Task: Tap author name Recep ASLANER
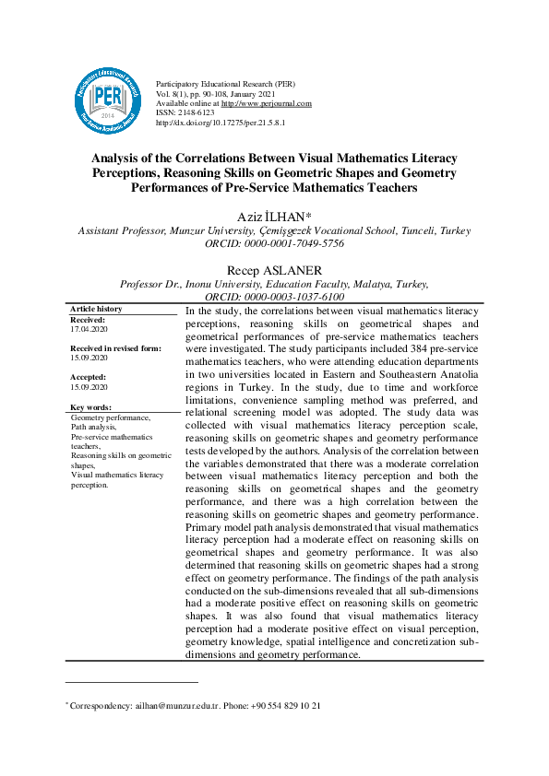click(273, 270)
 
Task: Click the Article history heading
click(96, 309)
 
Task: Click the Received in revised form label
click(115, 348)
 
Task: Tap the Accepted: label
click(89, 377)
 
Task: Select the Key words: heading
click(90, 406)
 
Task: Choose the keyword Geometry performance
click(110, 417)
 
